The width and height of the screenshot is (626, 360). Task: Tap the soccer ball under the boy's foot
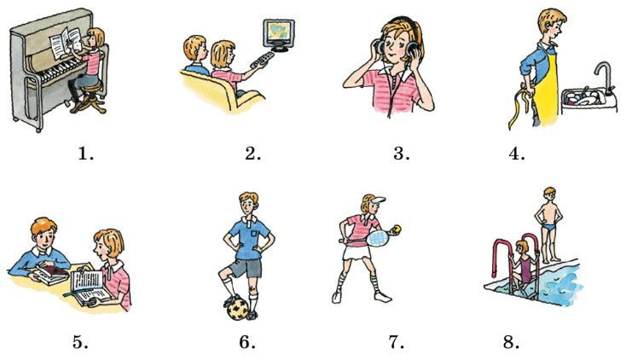[x=238, y=307]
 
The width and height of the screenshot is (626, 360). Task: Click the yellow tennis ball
[x=397, y=229]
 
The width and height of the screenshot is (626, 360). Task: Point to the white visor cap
[x=376, y=200]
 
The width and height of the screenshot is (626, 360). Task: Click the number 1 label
[x=86, y=154]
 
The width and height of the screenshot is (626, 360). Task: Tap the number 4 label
[x=517, y=154]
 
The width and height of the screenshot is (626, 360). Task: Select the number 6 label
[x=247, y=342]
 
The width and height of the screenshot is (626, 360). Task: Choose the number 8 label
[x=511, y=342]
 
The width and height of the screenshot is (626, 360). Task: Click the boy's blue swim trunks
[x=551, y=228]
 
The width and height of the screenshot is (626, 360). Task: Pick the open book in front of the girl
[x=90, y=287]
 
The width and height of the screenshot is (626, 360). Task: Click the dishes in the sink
[x=583, y=97]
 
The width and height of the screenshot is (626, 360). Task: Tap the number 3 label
[x=401, y=154]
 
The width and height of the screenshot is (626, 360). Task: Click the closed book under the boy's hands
[x=50, y=276]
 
